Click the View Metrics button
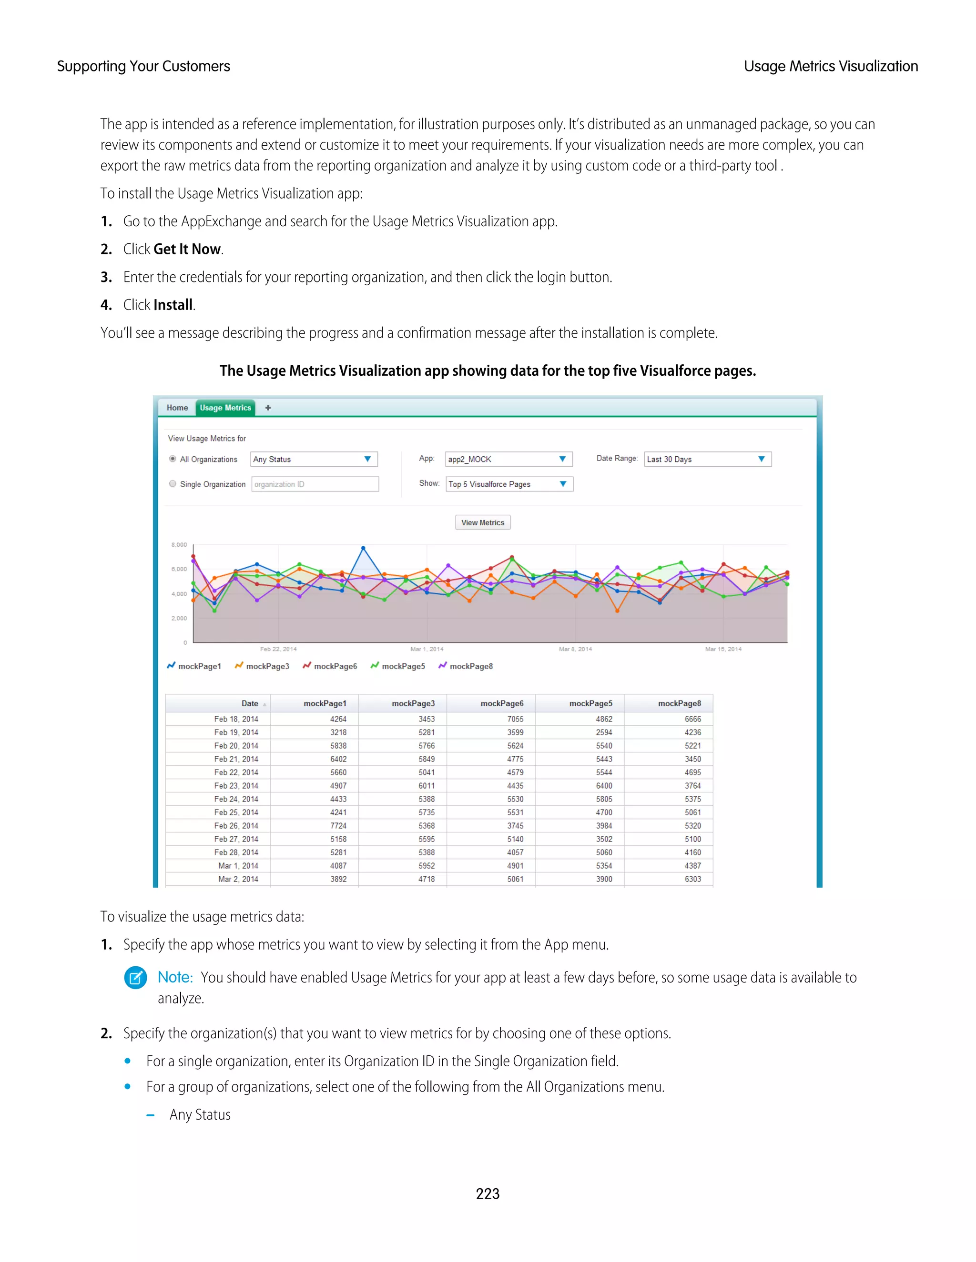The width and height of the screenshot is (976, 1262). [x=482, y=522]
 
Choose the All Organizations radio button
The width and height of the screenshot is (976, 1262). [x=173, y=459]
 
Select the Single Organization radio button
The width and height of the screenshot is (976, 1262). [x=173, y=484]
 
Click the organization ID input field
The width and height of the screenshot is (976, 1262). [x=315, y=484]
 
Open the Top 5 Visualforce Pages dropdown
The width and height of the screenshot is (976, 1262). [x=509, y=484]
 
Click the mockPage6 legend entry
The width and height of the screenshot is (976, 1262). [x=330, y=666]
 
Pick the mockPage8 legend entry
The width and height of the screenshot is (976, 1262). [x=466, y=666]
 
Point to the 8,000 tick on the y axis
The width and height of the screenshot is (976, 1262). [x=179, y=544]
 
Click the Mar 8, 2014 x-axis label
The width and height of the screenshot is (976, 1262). [x=575, y=649]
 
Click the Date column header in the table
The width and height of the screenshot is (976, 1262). [x=250, y=703]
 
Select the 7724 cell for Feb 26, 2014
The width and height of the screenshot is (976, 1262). [x=338, y=826]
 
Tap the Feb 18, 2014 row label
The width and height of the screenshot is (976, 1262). [x=236, y=719]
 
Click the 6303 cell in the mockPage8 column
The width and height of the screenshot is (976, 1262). [x=692, y=879]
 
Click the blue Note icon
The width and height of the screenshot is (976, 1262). [x=135, y=978]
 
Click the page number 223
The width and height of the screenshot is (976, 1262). [x=488, y=1193]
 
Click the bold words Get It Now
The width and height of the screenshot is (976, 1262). [x=187, y=249]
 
